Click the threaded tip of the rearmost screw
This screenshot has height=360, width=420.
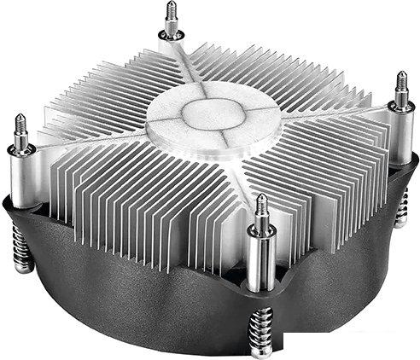tap(172, 16)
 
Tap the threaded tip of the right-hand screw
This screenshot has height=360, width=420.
tap(401, 84)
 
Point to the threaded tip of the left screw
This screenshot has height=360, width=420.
tap(20, 126)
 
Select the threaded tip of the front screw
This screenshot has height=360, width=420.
tap(261, 208)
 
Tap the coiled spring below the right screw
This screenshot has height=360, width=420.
tap(401, 205)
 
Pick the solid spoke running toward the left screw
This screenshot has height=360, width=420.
tap(94, 141)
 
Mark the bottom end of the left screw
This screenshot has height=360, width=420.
tap(22, 267)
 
